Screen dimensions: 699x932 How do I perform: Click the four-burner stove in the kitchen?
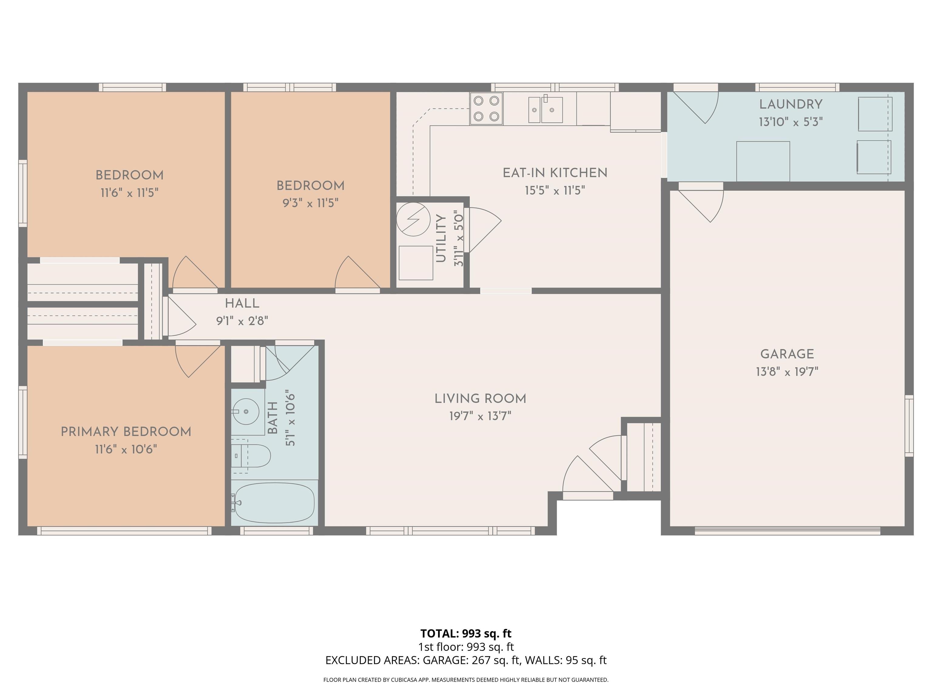tap(486, 109)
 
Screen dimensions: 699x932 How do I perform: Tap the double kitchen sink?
tap(545, 110)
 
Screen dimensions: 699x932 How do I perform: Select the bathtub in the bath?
tap(274, 503)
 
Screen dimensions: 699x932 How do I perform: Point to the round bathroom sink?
tap(246, 411)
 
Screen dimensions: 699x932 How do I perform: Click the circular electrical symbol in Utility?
tap(413, 219)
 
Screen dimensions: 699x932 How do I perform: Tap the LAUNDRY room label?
tap(790, 104)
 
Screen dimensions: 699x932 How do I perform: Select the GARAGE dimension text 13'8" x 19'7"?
tap(787, 372)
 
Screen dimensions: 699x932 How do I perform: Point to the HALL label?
tap(242, 303)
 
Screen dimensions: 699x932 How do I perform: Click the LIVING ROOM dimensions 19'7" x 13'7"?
tap(480, 416)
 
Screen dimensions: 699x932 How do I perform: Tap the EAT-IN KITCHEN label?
tap(555, 173)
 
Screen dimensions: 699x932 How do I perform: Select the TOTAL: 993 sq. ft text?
tap(466, 633)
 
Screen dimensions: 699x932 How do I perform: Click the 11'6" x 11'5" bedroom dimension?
tap(129, 193)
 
